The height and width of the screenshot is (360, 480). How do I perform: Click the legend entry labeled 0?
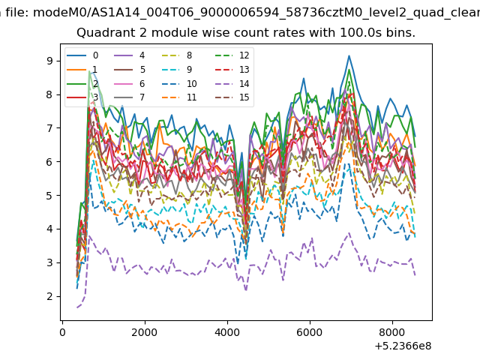click(x=82, y=55)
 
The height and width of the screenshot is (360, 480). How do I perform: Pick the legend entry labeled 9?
click(x=177, y=70)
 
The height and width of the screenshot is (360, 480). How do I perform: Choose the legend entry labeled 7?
click(x=130, y=97)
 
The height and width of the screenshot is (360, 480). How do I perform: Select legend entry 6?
click(x=130, y=83)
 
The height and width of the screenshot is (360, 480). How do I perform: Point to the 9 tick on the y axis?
click(x=49, y=61)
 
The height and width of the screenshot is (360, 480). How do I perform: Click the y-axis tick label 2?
click(x=49, y=296)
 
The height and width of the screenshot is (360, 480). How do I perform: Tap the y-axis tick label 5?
click(x=49, y=195)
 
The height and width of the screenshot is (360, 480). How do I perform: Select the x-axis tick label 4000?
click(x=227, y=332)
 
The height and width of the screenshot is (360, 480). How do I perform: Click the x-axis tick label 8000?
click(x=392, y=332)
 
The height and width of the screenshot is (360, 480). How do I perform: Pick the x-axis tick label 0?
click(x=62, y=332)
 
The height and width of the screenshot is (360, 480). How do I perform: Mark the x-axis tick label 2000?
click(x=145, y=332)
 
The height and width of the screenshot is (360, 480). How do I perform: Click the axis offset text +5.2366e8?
click(x=403, y=346)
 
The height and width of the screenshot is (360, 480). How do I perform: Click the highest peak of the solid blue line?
click(x=349, y=55)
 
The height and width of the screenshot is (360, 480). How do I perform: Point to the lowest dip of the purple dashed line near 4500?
click(x=246, y=289)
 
